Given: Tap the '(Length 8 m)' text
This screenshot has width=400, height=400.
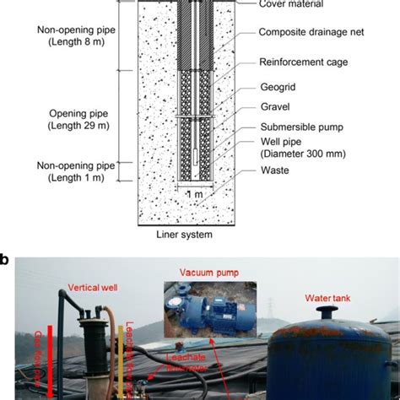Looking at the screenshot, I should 73,41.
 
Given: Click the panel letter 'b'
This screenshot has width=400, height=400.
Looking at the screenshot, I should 6,260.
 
